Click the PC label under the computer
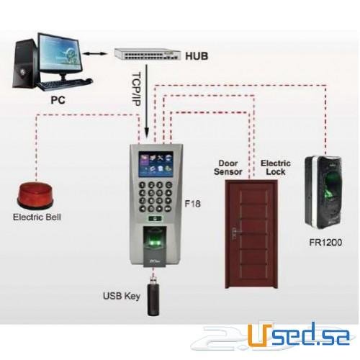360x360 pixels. [x=58, y=100]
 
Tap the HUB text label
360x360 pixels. [x=197, y=56]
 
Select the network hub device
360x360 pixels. [x=147, y=54]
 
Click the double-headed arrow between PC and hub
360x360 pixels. [x=95, y=54]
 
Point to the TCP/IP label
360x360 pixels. [x=136, y=89]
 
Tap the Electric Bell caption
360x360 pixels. [x=37, y=217]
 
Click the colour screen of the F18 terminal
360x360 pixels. [x=156, y=164]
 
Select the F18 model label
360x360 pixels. [x=193, y=204]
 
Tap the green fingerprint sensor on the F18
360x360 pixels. [x=155, y=243]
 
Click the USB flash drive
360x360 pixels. [x=153, y=297]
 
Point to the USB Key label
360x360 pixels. [x=122, y=296]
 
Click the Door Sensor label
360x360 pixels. [x=228, y=168]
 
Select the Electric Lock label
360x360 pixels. [x=276, y=168]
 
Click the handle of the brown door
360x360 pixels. [x=233, y=234]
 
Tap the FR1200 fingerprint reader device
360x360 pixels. [x=323, y=192]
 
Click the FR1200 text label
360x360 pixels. [x=325, y=243]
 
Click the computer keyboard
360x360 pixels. [x=65, y=84]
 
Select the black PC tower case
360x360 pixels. [x=25, y=64]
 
